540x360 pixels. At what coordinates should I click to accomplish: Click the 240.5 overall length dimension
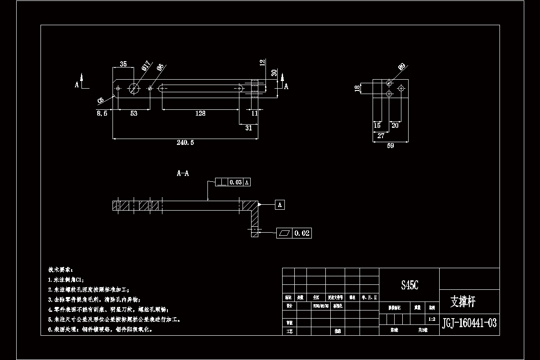pos(185,143)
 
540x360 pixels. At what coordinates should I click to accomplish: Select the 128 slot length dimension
pos(200,113)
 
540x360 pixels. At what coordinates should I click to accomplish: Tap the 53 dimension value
pos(134,113)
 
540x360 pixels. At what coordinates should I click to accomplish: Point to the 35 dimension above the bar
pos(123,64)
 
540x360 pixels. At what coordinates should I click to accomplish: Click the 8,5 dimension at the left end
pos(102,113)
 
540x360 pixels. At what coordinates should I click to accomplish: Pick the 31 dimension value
pos(248,128)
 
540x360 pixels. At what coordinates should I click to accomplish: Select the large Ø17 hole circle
pos(134,88)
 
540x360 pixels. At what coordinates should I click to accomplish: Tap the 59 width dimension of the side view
pos(391,146)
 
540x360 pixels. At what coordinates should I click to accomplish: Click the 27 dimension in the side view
pos(381,135)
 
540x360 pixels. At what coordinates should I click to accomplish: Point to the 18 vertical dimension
pos(358,88)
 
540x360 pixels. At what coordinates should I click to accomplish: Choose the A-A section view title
pos(183,173)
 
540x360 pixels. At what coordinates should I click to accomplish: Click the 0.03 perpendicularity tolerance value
pos(236,182)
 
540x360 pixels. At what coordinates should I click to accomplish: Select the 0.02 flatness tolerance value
pos(302,233)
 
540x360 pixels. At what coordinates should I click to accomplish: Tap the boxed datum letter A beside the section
pos(280,205)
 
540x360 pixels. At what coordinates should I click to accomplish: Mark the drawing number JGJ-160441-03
pos(469,323)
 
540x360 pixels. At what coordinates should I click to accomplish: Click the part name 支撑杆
pos(463,301)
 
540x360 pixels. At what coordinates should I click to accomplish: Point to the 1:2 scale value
pos(432,319)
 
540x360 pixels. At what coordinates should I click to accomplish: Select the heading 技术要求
pos(60,270)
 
